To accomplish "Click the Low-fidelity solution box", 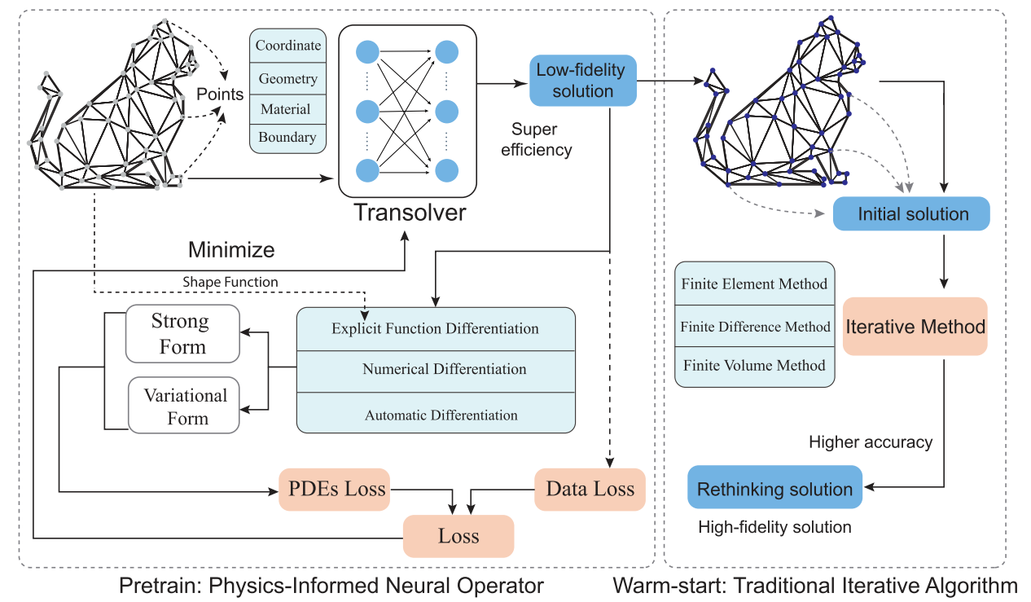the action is pos(583,81).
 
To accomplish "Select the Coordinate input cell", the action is pos(287,46).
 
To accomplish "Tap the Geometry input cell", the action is pos(287,78).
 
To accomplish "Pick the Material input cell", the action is pos(287,109).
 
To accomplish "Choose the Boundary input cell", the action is pos(287,138).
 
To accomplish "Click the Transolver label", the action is pos(410,213).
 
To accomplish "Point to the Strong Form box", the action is pos(182,334).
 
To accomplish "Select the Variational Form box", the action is pos(184,406).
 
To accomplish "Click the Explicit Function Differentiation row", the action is pos(436,329).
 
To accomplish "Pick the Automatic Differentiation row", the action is pos(436,413).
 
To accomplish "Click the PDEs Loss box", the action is pos(335,490).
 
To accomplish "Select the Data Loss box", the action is pos(590,490).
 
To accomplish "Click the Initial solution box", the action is pos(911,213).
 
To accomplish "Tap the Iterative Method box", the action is pos(915,327).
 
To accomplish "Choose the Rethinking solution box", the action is pos(774,487).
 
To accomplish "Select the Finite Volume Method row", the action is pos(754,367).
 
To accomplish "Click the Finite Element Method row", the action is pos(754,283).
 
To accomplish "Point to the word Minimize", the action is pos(231,250).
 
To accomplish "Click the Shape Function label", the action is pos(230,282).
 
